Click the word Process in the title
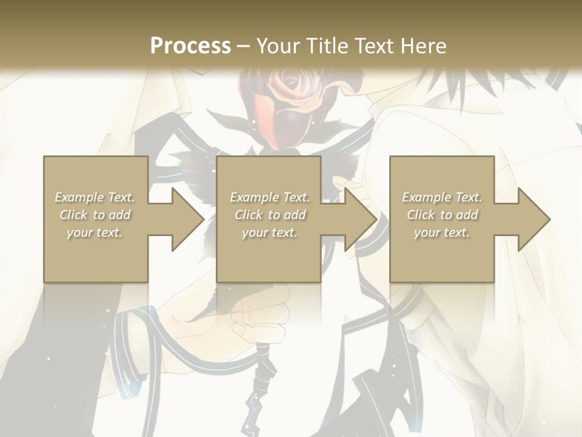(x=190, y=46)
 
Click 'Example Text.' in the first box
(x=95, y=197)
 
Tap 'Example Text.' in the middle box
(x=270, y=197)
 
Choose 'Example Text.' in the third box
(x=442, y=197)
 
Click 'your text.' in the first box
(x=95, y=232)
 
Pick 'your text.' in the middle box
(x=269, y=232)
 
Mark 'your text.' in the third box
(x=442, y=232)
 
